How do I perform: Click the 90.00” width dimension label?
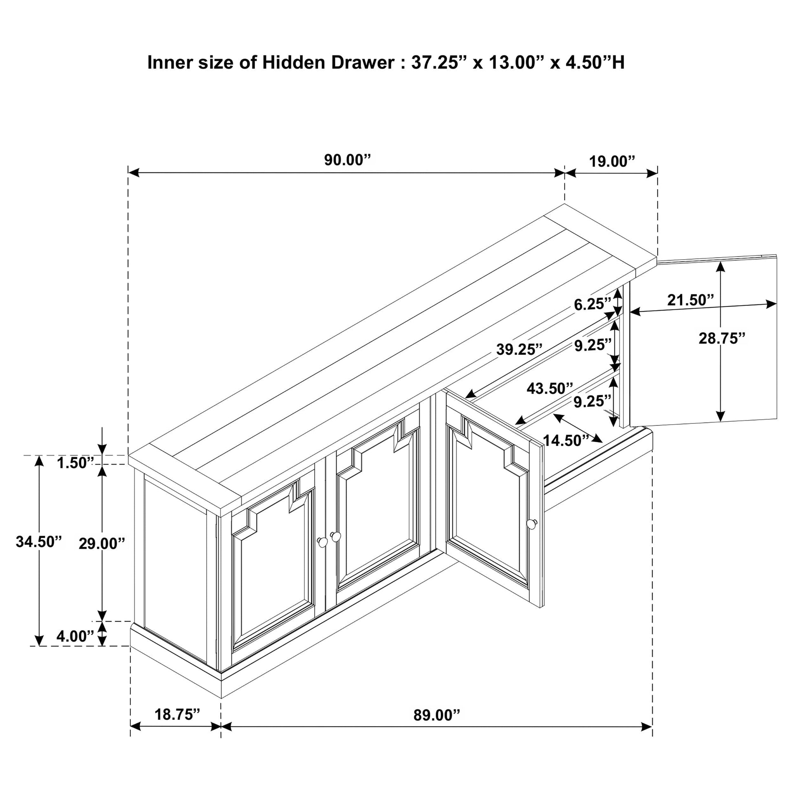click(347, 160)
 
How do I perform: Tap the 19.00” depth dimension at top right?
click(612, 162)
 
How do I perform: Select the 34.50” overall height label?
click(39, 542)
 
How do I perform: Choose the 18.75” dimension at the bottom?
click(177, 715)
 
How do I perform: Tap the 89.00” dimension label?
click(437, 716)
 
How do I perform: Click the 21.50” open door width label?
click(691, 300)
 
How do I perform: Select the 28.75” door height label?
click(722, 338)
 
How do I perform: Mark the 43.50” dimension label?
click(550, 388)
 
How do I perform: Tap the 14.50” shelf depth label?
click(566, 441)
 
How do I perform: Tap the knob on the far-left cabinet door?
click(323, 542)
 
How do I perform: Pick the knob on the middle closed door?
click(336, 536)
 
